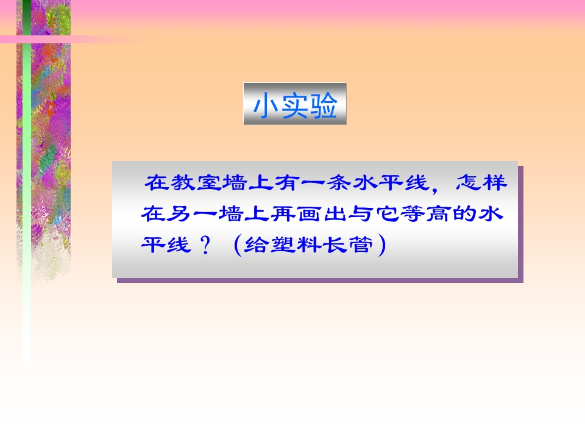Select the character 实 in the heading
point(295,105)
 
